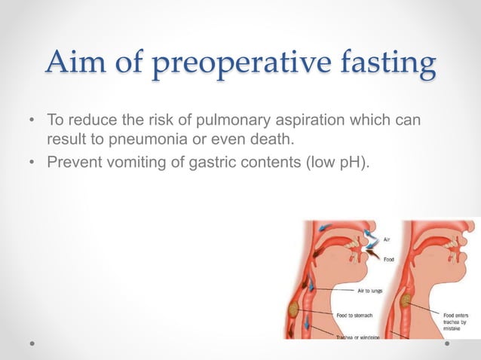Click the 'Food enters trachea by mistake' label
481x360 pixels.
click(458, 317)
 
